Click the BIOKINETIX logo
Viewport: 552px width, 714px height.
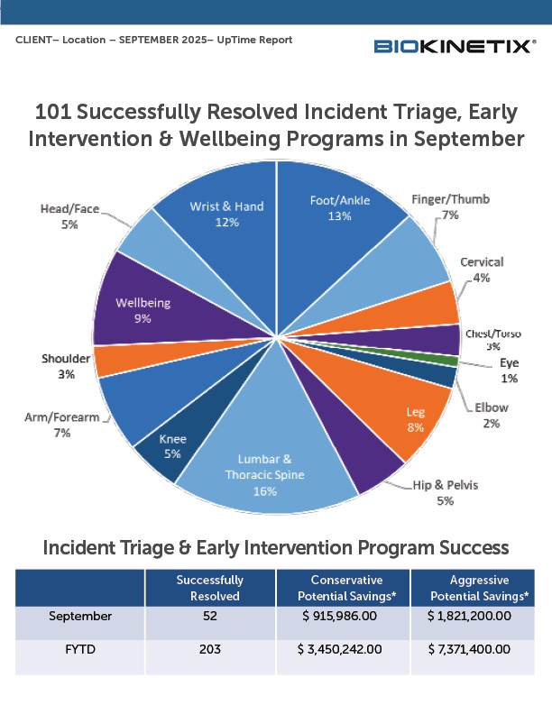455,47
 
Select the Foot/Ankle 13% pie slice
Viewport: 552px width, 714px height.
337,237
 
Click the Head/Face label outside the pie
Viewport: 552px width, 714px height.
69,216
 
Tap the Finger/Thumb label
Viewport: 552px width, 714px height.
450,206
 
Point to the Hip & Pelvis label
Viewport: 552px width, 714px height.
446,493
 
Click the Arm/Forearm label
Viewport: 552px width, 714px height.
62,425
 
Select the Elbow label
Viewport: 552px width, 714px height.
492,415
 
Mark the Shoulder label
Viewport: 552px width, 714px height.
66,366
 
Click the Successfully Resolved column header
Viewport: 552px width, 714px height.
210,588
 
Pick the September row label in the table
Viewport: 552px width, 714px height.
80,616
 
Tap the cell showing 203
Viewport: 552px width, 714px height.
210,649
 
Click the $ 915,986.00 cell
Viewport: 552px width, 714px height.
340,616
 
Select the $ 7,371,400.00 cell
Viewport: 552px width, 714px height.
469,649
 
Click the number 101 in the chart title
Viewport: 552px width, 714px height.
53,112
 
